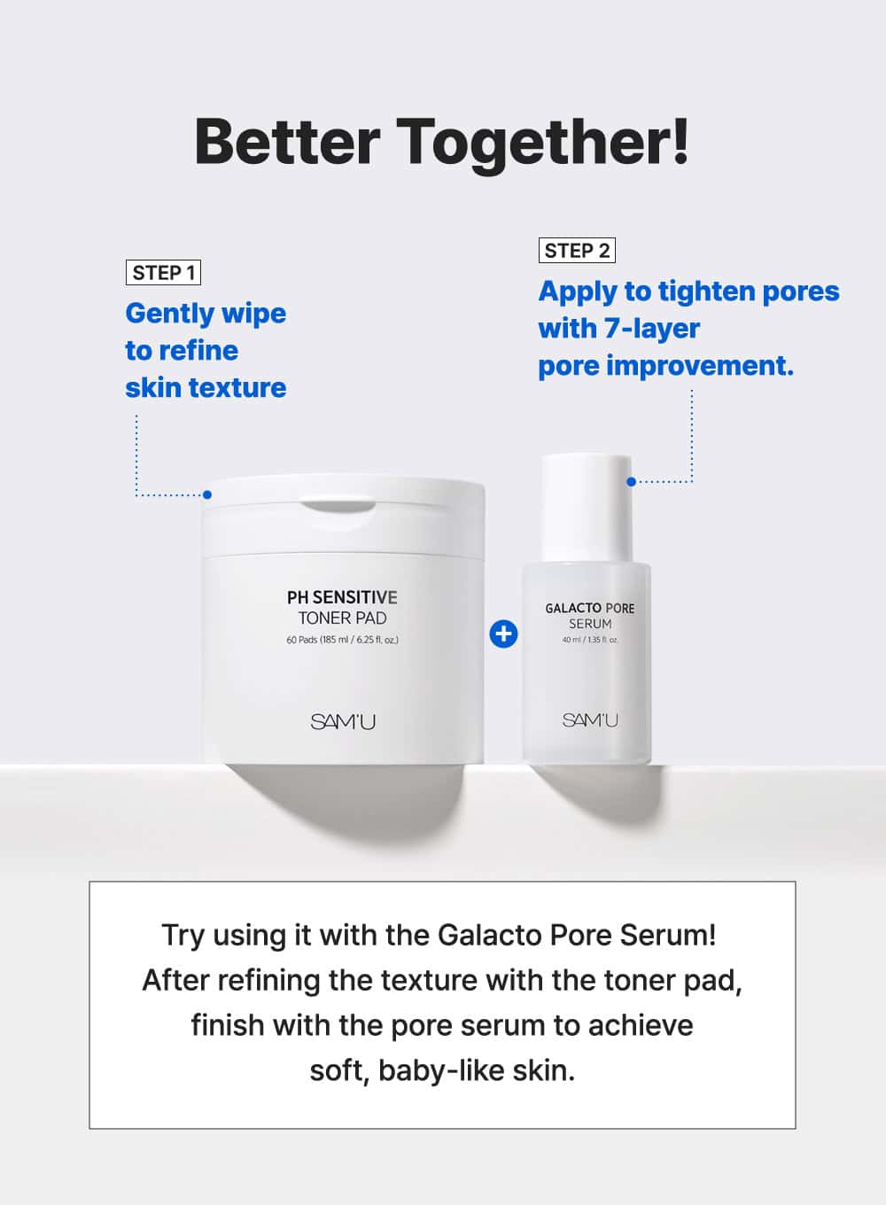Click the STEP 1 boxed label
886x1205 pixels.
click(163, 273)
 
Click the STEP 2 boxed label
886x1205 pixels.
click(577, 251)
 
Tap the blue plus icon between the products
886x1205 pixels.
click(503, 634)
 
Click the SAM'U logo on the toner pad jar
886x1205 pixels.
click(343, 721)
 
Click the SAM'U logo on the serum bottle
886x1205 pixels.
click(590, 719)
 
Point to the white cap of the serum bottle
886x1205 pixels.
click(587, 509)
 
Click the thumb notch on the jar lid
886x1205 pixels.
click(338, 507)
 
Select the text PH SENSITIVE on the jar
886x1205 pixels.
click(342, 597)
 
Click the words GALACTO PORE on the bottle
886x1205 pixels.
click(589, 609)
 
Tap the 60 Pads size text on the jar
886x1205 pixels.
click(343, 640)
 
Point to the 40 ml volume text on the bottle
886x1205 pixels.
click(589, 640)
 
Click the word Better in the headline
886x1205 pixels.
click(287, 142)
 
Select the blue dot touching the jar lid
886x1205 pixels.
click(207, 494)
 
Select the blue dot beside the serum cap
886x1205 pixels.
click(632, 482)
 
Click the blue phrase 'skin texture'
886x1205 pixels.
click(206, 388)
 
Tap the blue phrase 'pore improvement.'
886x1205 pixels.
click(666, 367)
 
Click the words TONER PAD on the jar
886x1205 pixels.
click(343, 618)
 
